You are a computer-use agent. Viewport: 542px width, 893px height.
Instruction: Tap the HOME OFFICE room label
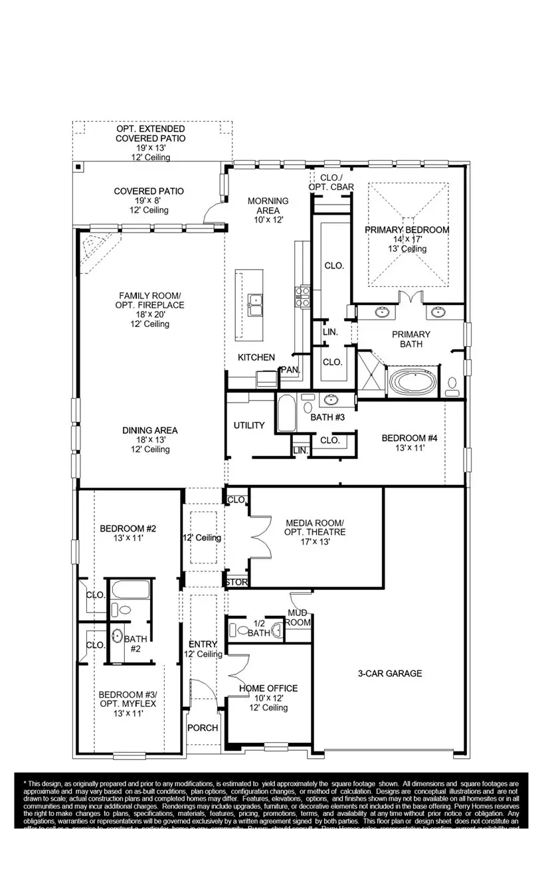(x=267, y=688)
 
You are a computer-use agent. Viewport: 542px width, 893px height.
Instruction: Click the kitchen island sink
(x=254, y=306)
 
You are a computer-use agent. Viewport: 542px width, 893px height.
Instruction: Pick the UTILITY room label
(x=249, y=425)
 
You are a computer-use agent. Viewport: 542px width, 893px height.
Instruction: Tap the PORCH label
(x=203, y=728)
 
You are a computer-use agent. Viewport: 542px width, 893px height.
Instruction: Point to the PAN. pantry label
(x=290, y=369)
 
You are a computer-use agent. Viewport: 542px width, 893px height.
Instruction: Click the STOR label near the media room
(x=236, y=583)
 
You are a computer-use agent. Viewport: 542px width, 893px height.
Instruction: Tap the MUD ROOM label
(x=299, y=617)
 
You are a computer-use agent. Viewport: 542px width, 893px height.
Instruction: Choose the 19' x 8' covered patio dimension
(x=149, y=200)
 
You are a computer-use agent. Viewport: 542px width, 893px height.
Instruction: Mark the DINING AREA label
(x=149, y=431)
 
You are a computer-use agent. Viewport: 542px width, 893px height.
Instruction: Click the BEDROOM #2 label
(x=128, y=529)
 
